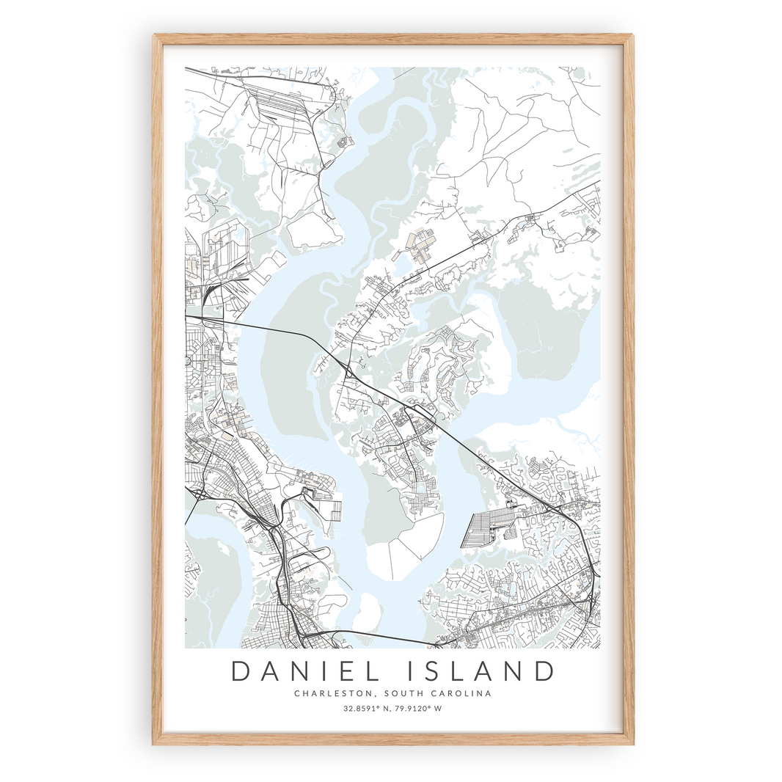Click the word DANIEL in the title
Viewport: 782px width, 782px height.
pyautogui.click(x=304, y=672)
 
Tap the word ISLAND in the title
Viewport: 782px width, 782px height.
pyautogui.click(x=480, y=672)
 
